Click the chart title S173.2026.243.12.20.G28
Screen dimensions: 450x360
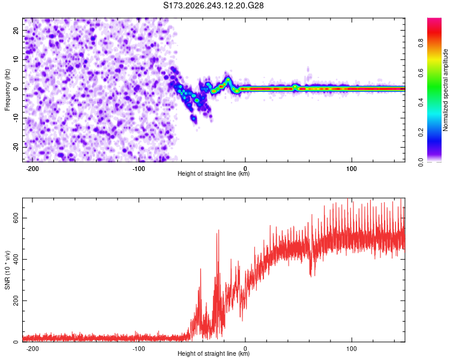[x=213, y=5]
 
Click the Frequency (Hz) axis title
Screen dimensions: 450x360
[x=7, y=90]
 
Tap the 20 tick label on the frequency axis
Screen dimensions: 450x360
[x=16, y=30]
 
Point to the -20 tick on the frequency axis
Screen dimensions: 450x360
[x=16, y=147]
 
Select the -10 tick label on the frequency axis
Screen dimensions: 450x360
[x=16, y=118]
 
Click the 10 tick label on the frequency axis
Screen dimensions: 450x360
[x=16, y=59]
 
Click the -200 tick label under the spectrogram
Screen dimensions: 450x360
[x=32, y=169]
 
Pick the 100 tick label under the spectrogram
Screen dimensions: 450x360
[x=351, y=169]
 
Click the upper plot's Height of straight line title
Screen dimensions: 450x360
[x=214, y=173]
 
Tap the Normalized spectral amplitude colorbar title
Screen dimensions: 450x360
[x=445, y=90]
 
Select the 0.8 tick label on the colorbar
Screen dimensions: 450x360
[x=421, y=43]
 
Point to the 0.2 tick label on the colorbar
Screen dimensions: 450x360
[x=421, y=133]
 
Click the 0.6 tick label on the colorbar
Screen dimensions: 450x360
[x=421, y=73]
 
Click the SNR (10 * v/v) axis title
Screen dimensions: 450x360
[x=7, y=270]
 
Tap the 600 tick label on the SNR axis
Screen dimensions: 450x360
[x=16, y=218]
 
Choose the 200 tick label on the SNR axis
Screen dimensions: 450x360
[x=16, y=301]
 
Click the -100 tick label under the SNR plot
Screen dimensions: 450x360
[x=139, y=349]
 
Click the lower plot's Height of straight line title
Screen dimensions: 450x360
[x=214, y=353]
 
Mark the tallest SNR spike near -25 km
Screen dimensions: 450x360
[x=218, y=230]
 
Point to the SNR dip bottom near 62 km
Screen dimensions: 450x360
[x=311, y=277]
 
